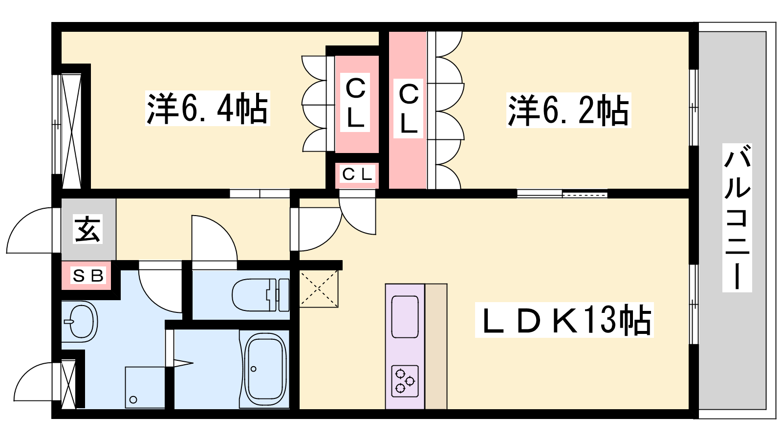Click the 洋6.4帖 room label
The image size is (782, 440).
(207, 108)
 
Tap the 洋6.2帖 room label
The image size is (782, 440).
(569, 110)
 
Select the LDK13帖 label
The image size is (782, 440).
(564, 320)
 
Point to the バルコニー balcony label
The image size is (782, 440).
(737, 218)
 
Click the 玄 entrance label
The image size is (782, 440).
(87, 229)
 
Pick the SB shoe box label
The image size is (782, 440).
(88, 276)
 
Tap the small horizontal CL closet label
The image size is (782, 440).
(356, 174)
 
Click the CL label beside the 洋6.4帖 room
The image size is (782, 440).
(355, 103)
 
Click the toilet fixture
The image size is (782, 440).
(261, 295)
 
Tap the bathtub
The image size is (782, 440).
(266, 369)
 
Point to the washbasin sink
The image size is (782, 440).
(81, 322)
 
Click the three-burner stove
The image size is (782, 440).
(405, 381)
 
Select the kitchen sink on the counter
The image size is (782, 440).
(405, 317)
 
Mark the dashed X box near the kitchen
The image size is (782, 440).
(319, 288)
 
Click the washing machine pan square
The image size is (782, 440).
(145, 387)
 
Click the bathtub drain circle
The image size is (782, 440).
(254, 369)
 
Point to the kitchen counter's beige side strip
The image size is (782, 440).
(435, 346)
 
